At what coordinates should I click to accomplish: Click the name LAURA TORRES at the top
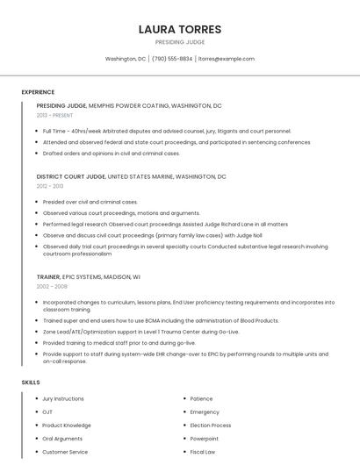coord(180,29)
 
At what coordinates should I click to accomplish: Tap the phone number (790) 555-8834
coord(172,59)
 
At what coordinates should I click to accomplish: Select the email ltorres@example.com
coord(226,59)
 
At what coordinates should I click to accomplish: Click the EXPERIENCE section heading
coord(38,92)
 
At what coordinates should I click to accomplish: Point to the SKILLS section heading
coord(31,383)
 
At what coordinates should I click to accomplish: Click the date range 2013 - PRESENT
coord(54,115)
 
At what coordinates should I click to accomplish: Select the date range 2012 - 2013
coord(50,186)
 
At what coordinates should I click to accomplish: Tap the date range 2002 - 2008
coord(52,286)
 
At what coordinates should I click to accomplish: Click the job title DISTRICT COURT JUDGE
coord(70,176)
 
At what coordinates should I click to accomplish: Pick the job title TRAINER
coord(49,276)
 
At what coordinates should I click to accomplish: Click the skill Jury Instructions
coord(63,398)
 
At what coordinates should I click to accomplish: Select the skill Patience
coord(201,398)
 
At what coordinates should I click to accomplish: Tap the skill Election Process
coord(210,426)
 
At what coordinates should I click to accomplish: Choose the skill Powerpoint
coord(205,439)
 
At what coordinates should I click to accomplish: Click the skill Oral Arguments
coord(62,439)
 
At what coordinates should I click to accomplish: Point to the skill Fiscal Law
coord(203,452)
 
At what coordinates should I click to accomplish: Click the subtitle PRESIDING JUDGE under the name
coord(180,41)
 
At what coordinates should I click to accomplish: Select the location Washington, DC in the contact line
coord(126,59)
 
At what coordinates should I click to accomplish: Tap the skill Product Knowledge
coord(67,426)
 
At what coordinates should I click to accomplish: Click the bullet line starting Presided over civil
coord(90,202)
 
